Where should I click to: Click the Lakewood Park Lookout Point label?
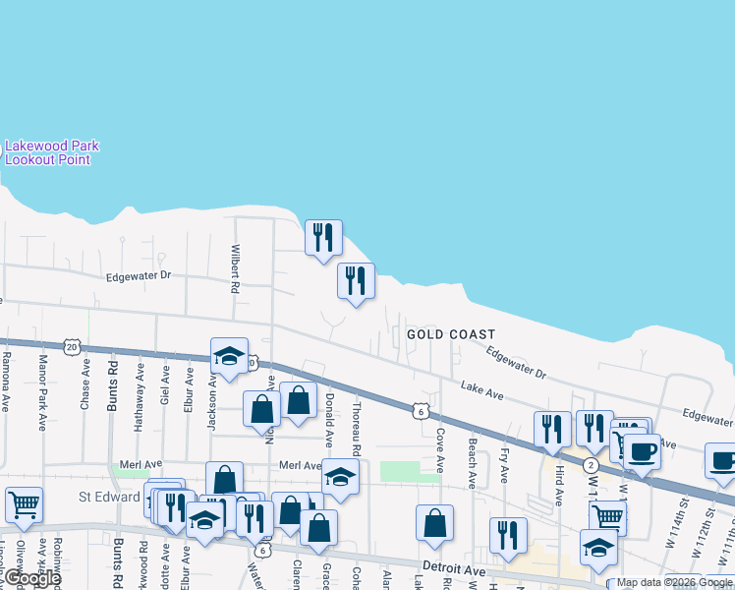51,152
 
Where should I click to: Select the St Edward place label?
110,498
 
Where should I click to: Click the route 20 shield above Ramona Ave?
71,346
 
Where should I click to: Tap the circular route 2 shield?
590,464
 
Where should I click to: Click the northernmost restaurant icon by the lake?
322,236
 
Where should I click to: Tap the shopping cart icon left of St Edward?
24,504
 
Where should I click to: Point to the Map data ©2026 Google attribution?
674,582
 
